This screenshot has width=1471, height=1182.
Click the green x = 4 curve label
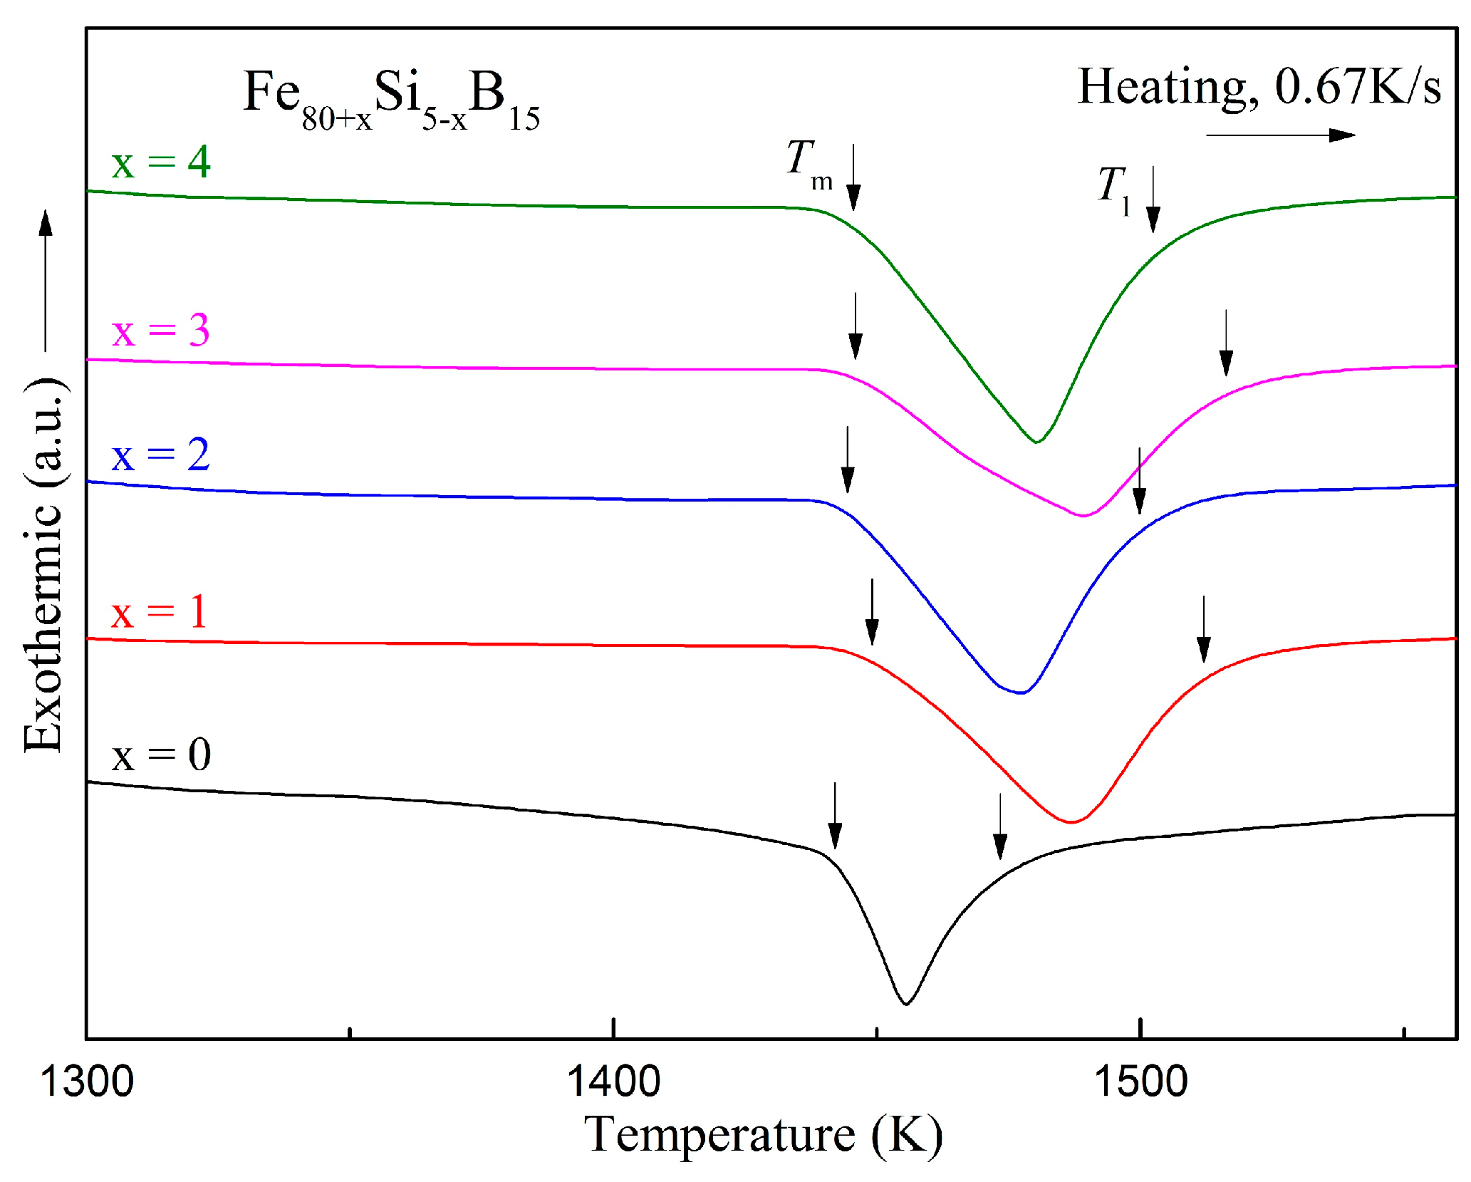coord(161,162)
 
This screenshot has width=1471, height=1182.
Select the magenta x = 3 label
coord(161,331)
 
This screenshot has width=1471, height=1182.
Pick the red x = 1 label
coord(160,612)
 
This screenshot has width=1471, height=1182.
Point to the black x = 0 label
coord(161,755)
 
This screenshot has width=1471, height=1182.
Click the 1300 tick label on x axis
coord(87,1082)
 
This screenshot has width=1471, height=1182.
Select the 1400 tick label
coord(613,1082)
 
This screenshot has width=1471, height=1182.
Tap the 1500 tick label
coord(1140,1082)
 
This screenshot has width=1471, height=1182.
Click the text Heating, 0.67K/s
coord(1259,87)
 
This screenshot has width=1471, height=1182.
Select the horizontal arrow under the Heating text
coord(1280,135)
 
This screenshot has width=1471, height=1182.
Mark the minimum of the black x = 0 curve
coord(905,1004)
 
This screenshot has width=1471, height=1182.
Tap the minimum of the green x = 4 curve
coord(1037,442)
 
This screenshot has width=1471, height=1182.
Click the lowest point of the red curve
coord(1071,822)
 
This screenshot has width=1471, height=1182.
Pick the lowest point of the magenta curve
coord(1083,515)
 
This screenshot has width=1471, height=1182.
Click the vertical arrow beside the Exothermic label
coord(46,281)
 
